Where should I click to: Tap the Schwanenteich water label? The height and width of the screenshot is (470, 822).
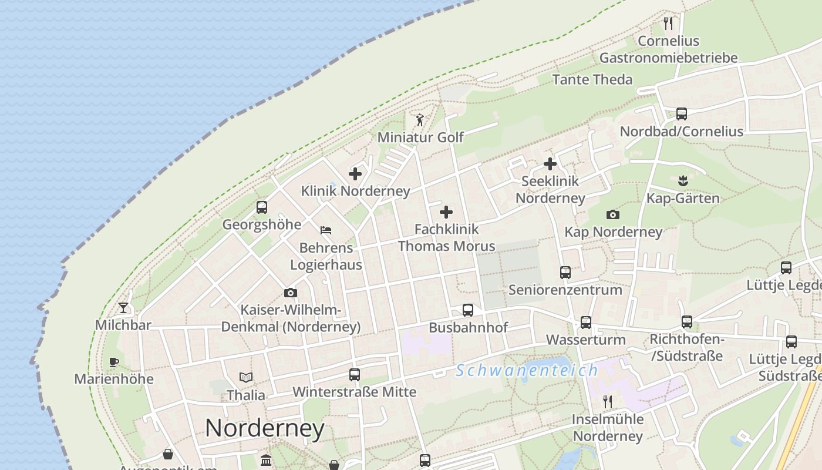[x=527, y=370]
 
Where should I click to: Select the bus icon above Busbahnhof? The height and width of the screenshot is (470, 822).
[x=468, y=310]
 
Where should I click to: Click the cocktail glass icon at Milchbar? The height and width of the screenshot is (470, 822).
[x=123, y=307]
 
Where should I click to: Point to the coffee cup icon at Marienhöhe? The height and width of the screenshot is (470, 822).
[x=114, y=362]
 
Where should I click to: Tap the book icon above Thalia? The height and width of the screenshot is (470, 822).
[x=246, y=377]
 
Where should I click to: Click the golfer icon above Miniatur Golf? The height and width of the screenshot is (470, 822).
[x=420, y=120]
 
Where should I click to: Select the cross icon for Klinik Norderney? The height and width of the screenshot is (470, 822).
[x=355, y=174]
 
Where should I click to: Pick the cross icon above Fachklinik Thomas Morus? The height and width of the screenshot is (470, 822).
[x=446, y=212]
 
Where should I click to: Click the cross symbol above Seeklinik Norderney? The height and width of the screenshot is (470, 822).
[x=550, y=164]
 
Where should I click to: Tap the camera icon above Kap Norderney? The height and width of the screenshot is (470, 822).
[x=613, y=214]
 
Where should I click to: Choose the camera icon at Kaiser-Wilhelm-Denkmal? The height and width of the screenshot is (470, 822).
[x=290, y=293]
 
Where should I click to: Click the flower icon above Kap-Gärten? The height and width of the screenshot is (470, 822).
[x=682, y=180]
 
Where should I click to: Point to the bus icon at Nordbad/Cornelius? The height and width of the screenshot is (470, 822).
[x=682, y=114]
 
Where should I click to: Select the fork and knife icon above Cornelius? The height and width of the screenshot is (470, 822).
[x=668, y=23]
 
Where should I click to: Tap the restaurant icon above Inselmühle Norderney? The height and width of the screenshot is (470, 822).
[x=608, y=402]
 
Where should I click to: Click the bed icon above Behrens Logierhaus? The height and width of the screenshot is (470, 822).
[x=326, y=230]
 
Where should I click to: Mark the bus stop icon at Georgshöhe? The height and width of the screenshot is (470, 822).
[x=262, y=207]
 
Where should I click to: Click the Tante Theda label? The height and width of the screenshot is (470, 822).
[x=592, y=79]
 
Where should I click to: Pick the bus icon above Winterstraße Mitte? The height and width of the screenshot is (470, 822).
[x=355, y=374]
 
